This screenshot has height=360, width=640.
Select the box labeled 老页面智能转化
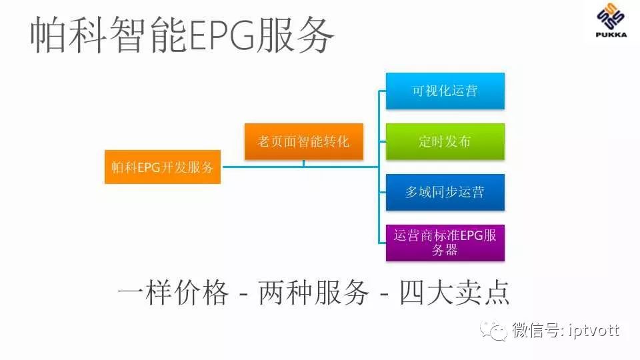303,141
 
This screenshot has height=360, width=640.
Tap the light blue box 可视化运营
445,91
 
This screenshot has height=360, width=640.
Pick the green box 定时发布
445,141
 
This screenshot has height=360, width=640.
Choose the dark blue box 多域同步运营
445,192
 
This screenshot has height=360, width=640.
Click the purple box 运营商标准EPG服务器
445,243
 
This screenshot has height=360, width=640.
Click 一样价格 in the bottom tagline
173,293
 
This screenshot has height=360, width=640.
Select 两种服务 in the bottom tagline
313,293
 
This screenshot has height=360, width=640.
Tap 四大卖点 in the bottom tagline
455,293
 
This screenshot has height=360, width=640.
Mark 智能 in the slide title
147,37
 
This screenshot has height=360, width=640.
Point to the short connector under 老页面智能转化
303,163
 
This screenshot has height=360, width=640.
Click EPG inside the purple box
470,235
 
